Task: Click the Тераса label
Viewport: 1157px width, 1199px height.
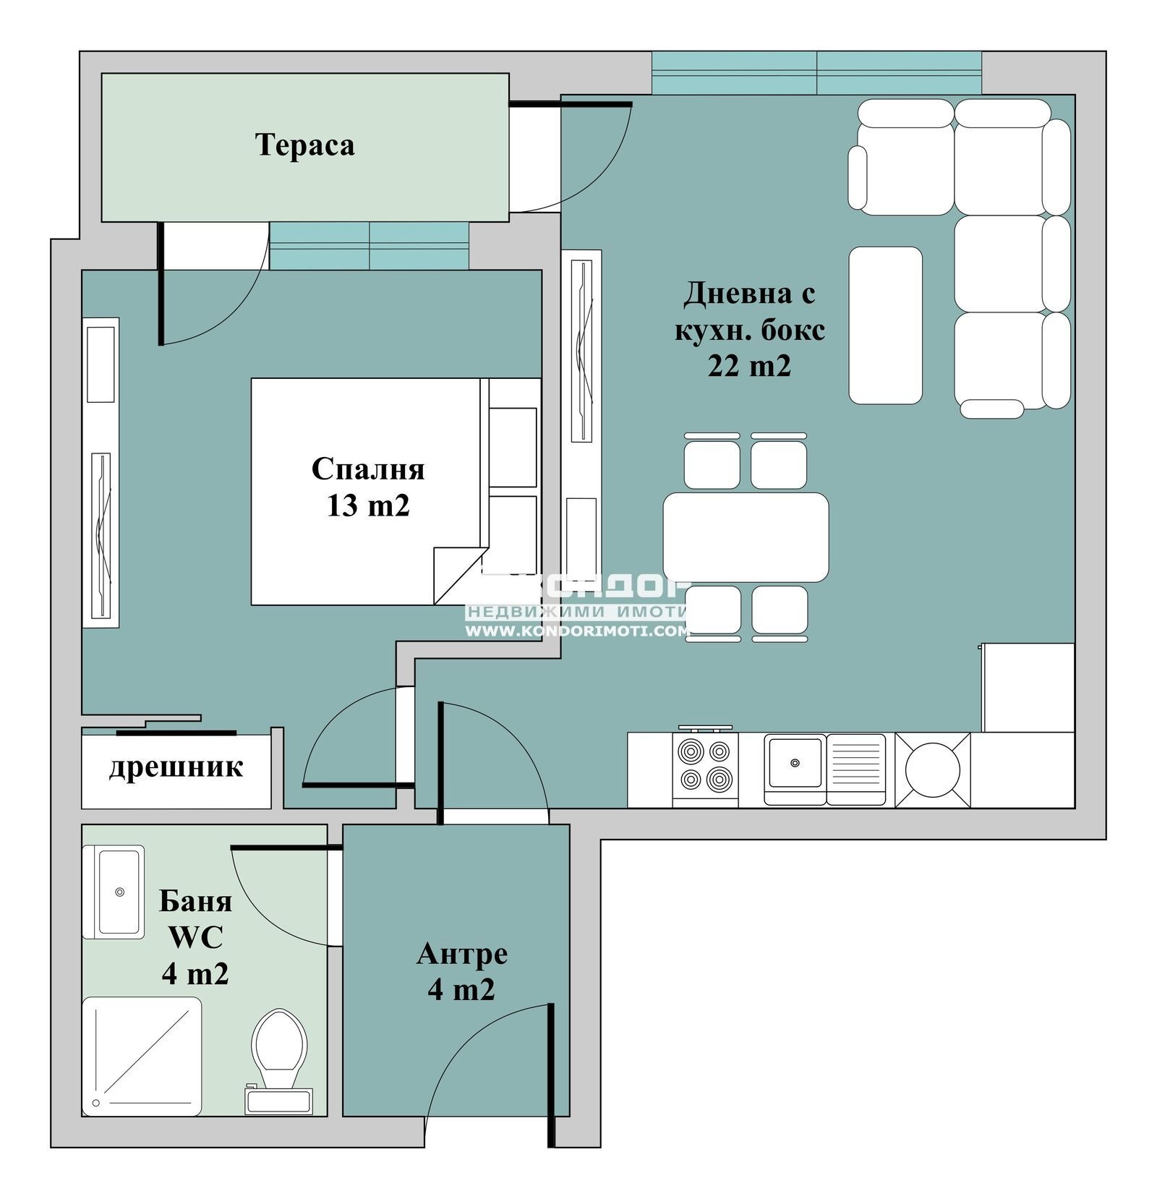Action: pyautogui.click(x=304, y=145)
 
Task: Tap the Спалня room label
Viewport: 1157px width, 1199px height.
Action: pyautogui.click(x=367, y=469)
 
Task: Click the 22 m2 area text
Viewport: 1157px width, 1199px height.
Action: pyautogui.click(x=748, y=366)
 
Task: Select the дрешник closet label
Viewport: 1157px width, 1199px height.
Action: pyautogui.click(x=176, y=767)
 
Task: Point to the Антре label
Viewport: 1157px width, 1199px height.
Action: pyautogui.click(x=461, y=953)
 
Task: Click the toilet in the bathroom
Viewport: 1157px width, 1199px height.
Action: pyautogui.click(x=279, y=1049)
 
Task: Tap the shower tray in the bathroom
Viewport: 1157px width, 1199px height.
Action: pyautogui.click(x=142, y=1056)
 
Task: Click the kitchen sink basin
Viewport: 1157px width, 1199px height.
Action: pyautogui.click(x=795, y=763)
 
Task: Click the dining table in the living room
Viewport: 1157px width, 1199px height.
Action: pyautogui.click(x=746, y=537)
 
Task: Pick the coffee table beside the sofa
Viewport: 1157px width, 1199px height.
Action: pyautogui.click(x=885, y=325)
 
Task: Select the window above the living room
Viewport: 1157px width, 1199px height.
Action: pyautogui.click(x=816, y=72)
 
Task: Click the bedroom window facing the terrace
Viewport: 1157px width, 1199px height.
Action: pyautogui.click(x=369, y=246)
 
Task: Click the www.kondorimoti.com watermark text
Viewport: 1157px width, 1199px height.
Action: pyautogui.click(x=576, y=631)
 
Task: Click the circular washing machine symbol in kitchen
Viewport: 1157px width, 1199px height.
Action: pyautogui.click(x=932, y=770)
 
